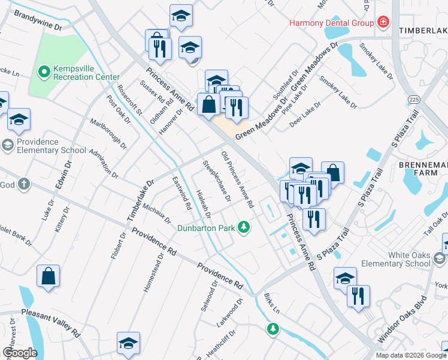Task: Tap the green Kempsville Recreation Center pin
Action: pyautogui.click(x=44, y=73)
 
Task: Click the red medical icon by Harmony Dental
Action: pyautogui.click(x=382, y=23)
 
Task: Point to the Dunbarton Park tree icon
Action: pyautogui.click(x=243, y=227)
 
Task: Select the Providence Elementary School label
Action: pyautogui.click(x=52, y=146)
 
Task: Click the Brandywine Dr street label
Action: pyautogui.click(x=37, y=20)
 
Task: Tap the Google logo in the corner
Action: pyautogui.click(x=20, y=353)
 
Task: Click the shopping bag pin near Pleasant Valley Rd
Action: pyautogui.click(x=49, y=277)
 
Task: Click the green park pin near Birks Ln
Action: pyautogui.click(x=273, y=328)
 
